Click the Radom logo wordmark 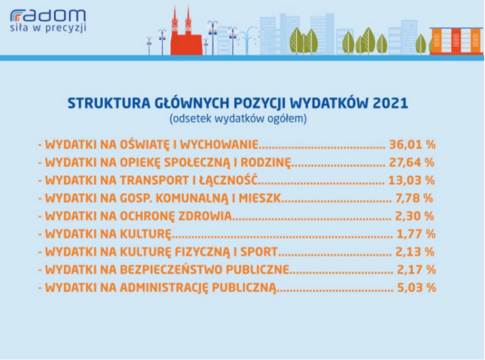tap(48, 16)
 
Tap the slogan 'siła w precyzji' tap(48, 28)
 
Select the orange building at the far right tap(456, 41)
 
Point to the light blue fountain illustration tap(249, 41)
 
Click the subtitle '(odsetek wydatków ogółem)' tap(238, 119)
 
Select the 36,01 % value tap(413, 144)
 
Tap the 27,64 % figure tap(412, 162)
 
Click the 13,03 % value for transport tap(412, 180)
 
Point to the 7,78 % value tap(414, 198)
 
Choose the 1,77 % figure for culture tap(416, 234)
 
